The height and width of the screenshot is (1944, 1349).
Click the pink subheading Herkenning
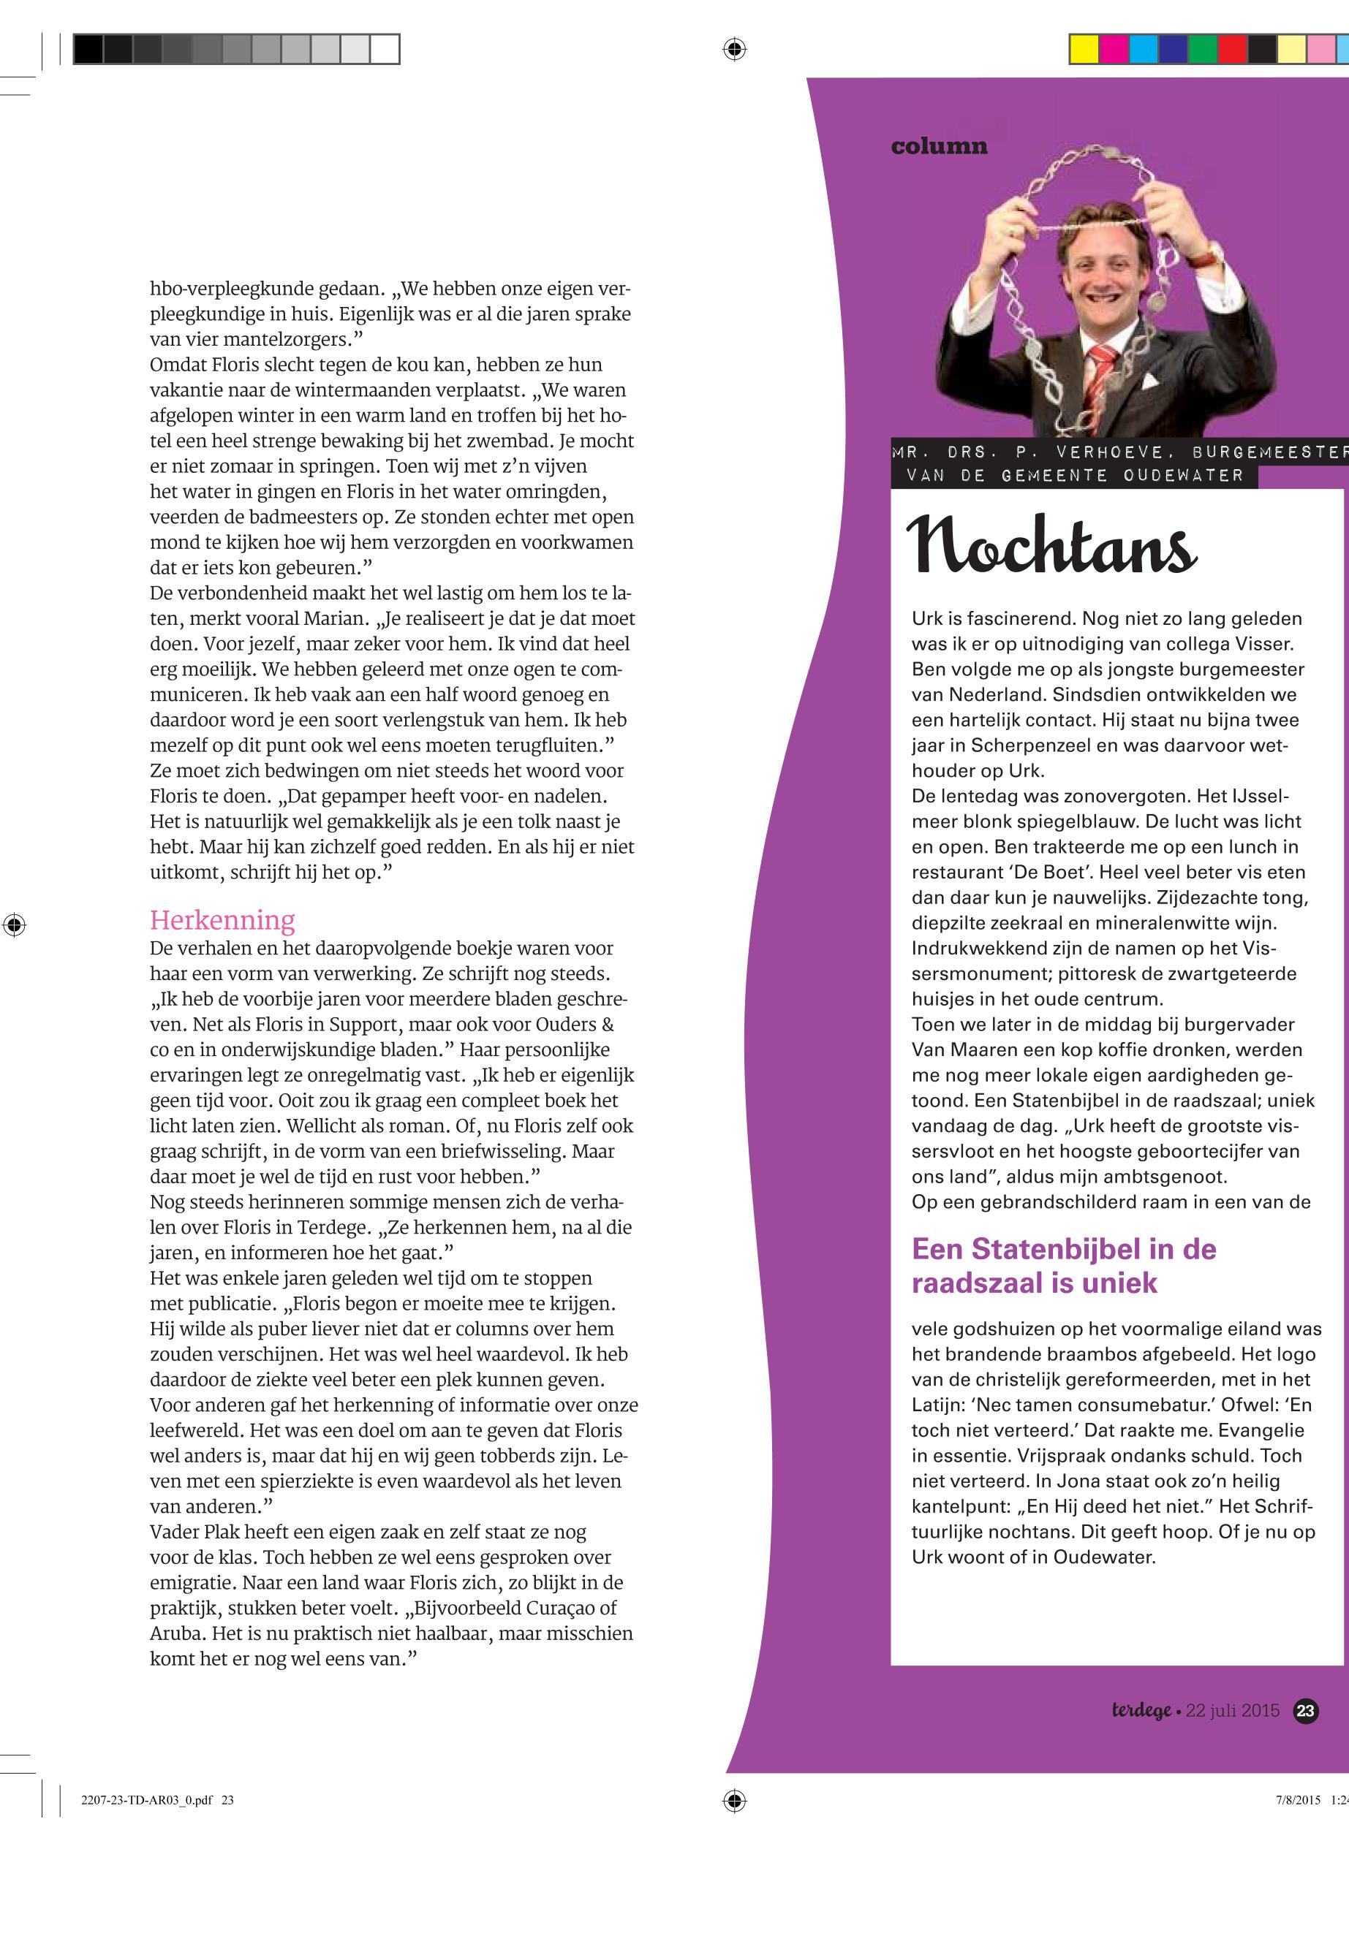222,920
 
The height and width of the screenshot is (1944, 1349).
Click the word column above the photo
938,146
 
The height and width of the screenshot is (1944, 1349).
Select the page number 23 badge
1305,1711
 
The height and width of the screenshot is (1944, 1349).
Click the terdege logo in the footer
1141,1711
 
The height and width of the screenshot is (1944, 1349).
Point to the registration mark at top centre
735,50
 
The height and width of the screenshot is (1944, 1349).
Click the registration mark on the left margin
15,924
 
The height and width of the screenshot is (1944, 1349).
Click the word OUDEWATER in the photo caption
1183,476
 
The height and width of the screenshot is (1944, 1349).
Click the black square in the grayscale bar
88,49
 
